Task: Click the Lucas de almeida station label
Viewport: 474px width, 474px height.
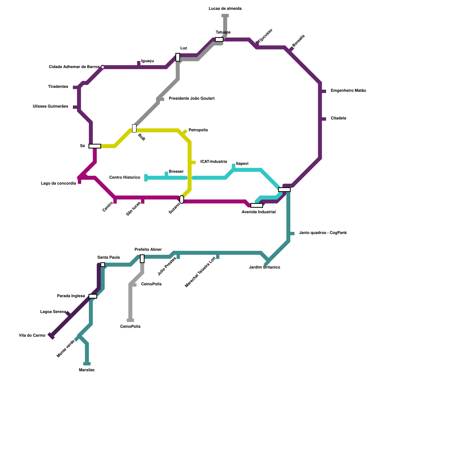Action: point(225,9)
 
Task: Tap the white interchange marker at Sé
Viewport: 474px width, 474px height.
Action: point(95,146)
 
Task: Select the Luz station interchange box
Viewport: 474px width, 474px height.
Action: point(178,57)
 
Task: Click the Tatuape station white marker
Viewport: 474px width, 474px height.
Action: point(219,40)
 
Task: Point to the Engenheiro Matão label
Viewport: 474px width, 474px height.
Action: point(348,91)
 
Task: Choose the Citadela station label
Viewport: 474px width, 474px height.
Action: point(338,118)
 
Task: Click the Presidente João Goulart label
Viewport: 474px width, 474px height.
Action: point(192,98)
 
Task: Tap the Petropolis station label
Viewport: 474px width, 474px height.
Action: point(198,130)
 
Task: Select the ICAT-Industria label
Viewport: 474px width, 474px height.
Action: point(214,162)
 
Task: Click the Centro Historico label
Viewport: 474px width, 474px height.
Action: point(125,177)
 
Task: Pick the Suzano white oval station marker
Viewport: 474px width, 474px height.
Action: point(182,199)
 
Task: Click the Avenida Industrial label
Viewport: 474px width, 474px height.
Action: point(259,212)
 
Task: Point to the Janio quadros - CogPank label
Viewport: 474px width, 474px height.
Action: point(323,233)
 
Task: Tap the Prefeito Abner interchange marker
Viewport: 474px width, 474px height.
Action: point(142,259)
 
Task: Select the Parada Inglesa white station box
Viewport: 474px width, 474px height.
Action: point(93,296)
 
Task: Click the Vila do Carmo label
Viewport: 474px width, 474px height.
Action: point(32,336)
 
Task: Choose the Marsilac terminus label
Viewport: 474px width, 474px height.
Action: point(87,370)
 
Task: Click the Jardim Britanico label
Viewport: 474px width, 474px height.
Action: point(265,268)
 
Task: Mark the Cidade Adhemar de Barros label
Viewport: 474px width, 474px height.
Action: point(74,67)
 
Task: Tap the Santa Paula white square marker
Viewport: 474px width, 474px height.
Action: point(103,265)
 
